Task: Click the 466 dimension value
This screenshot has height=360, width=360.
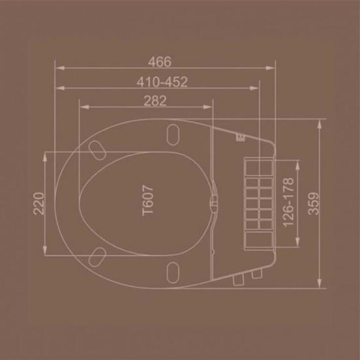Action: point(160,62)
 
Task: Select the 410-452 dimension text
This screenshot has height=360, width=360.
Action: point(162,82)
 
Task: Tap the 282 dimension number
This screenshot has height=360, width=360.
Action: point(155,101)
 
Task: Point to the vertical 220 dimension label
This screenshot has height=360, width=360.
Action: point(38,203)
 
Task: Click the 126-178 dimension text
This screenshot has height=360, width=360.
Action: point(288,202)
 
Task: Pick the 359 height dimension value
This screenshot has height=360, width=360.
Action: point(314,203)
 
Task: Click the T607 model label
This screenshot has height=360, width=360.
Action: point(147,200)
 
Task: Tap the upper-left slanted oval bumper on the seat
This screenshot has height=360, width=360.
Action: point(97,151)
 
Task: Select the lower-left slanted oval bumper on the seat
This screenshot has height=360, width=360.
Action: point(97,257)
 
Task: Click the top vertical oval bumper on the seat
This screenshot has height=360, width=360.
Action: point(173,135)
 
